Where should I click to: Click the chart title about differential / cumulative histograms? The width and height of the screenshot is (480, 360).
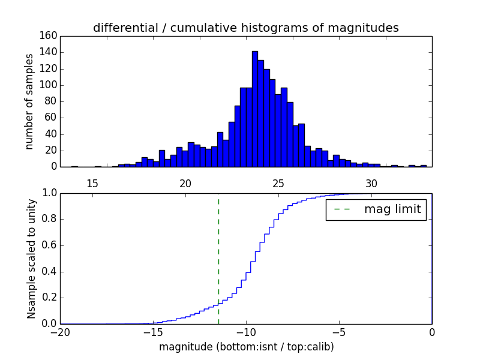click(x=245, y=28)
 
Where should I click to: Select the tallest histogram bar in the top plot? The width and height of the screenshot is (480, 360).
click(x=255, y=108)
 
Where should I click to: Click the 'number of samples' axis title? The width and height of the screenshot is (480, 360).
click(x=29, y=101)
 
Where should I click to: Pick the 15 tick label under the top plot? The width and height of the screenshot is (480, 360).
click(x=92, y=183)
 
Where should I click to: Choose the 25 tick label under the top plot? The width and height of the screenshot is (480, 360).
click(x=278, y=183)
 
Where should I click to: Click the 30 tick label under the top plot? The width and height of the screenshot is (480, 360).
click(x=371, y=183)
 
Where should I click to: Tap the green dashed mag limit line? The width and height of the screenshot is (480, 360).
click(x=218, y=252)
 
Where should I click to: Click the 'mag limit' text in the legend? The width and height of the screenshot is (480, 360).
click(x=392, y=209)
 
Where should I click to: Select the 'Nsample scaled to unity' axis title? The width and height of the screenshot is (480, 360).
click(x=31, y=259)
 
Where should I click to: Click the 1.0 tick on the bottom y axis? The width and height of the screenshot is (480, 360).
click(x=49, y=194)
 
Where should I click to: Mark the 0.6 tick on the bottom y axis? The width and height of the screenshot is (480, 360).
click(x=49, y=245)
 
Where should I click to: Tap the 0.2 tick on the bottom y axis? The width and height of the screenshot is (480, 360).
click(x=49, y=298)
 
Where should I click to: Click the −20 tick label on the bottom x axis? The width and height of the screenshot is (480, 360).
click(x=60, y=332)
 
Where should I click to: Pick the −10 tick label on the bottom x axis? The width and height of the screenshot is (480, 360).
click(x=245, y=332)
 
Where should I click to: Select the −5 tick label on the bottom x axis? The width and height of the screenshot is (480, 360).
click(x=338, y=332)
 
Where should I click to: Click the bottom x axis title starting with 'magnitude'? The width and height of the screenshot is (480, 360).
click(x=246, y=347)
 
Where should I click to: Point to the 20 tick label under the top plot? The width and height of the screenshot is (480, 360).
click(x=185, y=183)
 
